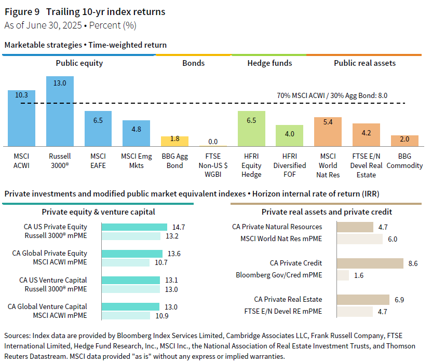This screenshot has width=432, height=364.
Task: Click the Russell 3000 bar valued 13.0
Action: [60, 111]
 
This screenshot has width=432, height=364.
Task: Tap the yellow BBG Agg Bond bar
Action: [174, 141]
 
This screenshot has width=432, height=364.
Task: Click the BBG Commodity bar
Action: [404, 141]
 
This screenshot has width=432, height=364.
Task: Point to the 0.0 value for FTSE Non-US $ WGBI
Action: [213, 142]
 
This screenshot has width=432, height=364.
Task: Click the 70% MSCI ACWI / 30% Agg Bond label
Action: [332, 96]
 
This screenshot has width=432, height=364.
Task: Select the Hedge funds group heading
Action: [269, 63]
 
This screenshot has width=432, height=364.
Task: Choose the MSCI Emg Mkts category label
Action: [136, 161]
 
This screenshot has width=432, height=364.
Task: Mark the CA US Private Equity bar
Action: [134, 227]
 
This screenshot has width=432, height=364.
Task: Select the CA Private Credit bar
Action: [370, 263]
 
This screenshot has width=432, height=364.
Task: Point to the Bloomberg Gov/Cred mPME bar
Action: [343, 275]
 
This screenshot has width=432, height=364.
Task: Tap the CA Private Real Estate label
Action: [288, 299]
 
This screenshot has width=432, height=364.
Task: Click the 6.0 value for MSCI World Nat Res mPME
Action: [393, 239]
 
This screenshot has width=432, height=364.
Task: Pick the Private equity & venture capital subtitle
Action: [98, 212]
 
